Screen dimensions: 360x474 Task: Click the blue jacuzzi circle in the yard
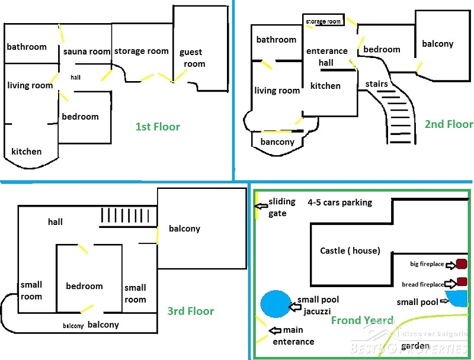coord(276,303)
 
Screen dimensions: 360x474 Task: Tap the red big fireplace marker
coord(462,263)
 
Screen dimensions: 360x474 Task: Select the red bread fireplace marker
coord(462,282)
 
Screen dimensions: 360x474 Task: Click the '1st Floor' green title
coord(158,126)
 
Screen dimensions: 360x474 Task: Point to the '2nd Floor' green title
coord(449,124)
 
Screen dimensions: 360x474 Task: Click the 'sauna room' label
coord(87,52)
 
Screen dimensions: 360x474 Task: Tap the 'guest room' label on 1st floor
coord(193,58)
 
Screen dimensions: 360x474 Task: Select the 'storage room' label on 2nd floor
coord(324,21)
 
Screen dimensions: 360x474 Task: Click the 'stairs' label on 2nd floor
coord(376,84)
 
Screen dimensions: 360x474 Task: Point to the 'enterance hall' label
coord(327,57)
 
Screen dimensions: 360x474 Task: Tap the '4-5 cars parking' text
coord(340,202)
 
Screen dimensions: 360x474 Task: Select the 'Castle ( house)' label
coord(350,250)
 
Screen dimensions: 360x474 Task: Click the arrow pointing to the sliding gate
coord(261,207)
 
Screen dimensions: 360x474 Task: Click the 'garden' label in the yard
coord(415,346)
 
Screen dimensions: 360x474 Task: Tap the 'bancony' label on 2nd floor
coord(277,142)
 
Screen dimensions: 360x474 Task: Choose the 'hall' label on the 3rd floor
coord(56,222)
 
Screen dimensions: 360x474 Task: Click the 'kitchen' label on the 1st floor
coord(27,151)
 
